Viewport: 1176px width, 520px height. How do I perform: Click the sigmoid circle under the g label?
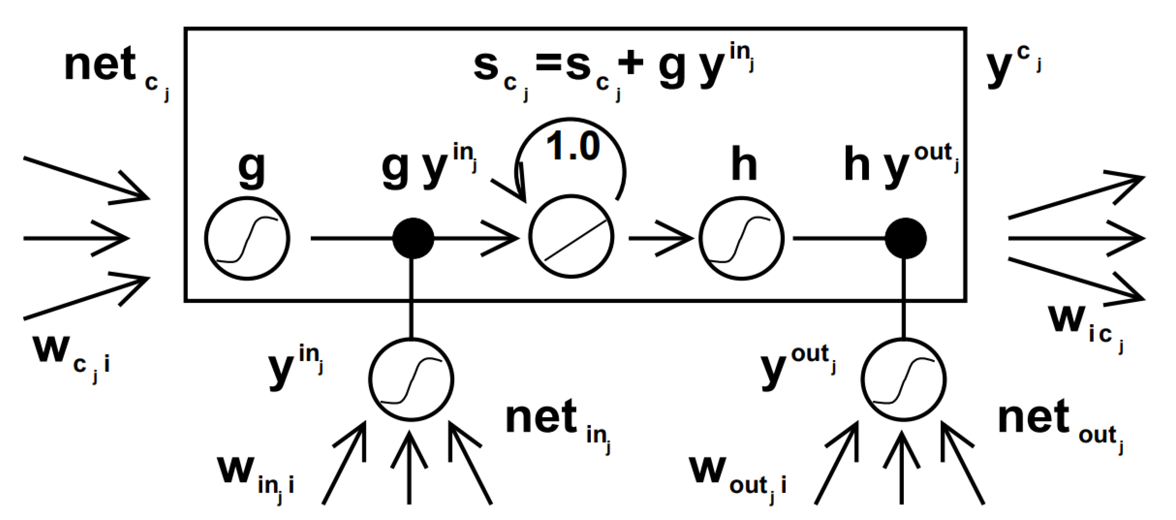click(x=247, y=238)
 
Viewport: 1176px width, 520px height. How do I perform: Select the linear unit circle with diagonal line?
click(x=571, y=237)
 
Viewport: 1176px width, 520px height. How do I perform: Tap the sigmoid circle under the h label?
click(x=741, y=238)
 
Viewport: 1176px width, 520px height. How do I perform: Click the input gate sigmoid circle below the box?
click(x=411, y=379)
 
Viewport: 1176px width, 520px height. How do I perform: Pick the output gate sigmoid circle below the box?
click(x=904, y=379)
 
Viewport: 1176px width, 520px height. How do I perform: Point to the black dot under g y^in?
click(x=413, y=238)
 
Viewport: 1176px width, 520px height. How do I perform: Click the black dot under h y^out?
click(x=905, y=238)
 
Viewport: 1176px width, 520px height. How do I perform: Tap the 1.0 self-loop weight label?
click(x=573, y=146)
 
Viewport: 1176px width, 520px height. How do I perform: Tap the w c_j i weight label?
click(x=71, y=356)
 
